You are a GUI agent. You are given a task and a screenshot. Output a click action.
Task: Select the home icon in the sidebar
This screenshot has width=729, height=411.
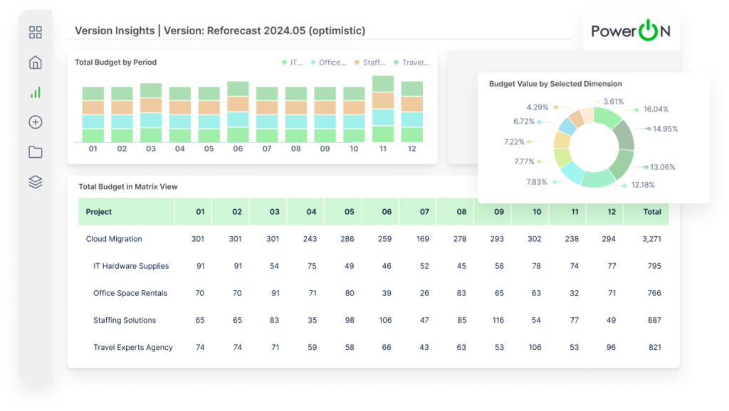(36, 63)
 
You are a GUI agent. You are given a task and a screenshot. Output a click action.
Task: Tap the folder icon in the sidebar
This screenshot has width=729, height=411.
(36, 152)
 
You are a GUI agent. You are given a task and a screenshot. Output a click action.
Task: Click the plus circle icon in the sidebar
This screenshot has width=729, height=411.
(36, 122)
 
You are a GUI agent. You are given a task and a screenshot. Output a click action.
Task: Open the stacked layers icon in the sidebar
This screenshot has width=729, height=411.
(36, 182)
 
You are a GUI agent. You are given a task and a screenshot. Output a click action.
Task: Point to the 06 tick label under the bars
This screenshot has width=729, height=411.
(238, 149)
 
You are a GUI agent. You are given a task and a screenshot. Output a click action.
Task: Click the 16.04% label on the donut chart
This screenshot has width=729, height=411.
(655, 110)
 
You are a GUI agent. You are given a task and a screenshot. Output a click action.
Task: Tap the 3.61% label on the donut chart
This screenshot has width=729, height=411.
(613, 102)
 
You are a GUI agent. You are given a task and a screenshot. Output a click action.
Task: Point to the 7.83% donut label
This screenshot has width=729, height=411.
(537, 182)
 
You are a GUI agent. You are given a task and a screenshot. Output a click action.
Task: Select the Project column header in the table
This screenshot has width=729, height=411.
(99, 212)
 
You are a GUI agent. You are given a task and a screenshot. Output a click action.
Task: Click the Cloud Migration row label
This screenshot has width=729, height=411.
(114, 239)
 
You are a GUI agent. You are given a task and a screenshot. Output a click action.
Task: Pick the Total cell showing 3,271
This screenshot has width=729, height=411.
(651, 239)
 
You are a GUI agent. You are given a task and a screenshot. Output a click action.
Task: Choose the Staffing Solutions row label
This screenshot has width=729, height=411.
(125, 320)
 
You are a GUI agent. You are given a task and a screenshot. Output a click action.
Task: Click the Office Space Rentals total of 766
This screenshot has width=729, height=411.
(654, 293)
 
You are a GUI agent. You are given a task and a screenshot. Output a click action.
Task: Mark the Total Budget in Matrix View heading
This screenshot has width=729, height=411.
(128, 187)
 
